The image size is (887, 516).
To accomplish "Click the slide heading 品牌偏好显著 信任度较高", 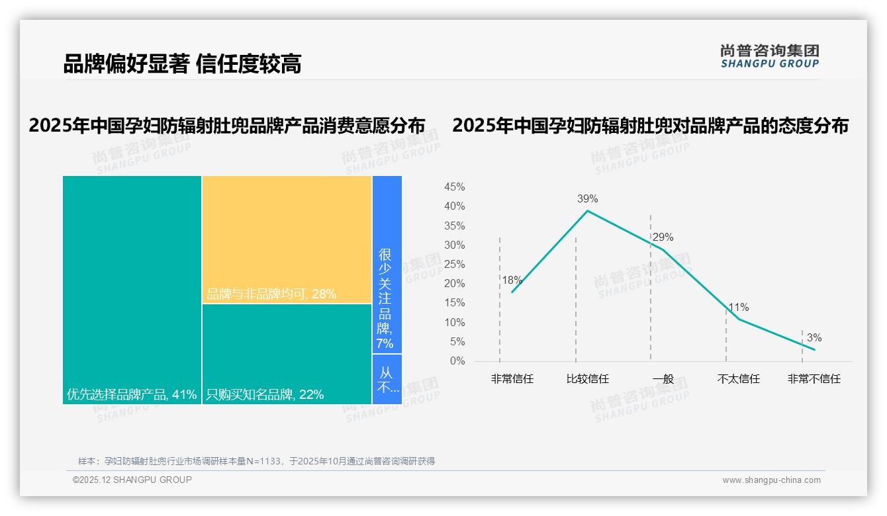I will [182, 64].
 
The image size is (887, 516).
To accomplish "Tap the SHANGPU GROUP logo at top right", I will [769, 56].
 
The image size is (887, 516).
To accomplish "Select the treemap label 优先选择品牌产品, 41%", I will [132, 395].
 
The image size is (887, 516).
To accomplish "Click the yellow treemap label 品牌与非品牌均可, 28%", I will [271, 294].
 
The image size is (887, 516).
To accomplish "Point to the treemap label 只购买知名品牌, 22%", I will [265, 395].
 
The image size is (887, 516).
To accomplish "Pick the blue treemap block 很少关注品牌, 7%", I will [386, 298].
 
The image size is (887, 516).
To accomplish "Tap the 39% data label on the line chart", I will [587, 198].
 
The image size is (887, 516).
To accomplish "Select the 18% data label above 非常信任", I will [512, 280].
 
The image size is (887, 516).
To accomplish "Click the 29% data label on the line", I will [663, 237].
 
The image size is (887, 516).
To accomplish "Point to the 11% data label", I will [738, 308].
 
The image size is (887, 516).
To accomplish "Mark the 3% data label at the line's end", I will [814, 338].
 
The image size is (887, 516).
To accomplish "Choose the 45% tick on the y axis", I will [454, 187].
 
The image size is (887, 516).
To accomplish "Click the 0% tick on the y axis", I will [457, 361].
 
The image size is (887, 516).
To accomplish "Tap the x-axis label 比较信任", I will [587, 380].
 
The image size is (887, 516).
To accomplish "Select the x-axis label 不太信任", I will [738, 380].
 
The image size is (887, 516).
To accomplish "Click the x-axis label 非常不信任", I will [814, 380].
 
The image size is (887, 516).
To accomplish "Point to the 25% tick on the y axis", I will [454, 265].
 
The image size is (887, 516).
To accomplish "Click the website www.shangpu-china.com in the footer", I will [771, 480].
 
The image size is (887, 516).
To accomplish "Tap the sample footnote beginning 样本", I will [256, 461].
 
